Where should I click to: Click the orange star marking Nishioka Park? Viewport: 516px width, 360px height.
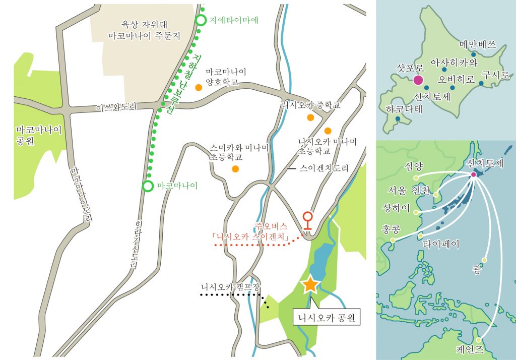[x=309, y=285]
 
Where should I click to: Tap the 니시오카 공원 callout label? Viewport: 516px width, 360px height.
[x=327, y=318]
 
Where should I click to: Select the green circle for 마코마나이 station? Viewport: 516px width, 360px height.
[x=148, y=186]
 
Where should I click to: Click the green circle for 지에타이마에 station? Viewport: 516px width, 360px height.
[x=201, y=21]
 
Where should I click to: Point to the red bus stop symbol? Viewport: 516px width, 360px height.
[x=307, y=220]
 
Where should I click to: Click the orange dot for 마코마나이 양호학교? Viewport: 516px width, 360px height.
[x=199, y=87]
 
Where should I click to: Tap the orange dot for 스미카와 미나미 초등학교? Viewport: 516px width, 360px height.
[x=235, y=168]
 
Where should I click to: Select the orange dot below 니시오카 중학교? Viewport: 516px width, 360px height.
[x=310, y=117]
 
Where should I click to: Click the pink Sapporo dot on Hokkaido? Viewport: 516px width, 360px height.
[x=418, y=80]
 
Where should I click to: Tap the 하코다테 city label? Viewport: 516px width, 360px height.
[x=403, y=108]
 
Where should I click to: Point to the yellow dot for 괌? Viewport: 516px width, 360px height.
[x=484, y=260]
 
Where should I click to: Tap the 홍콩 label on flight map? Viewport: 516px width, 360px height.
[x=391, y=229]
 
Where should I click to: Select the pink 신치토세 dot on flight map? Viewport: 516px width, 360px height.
[x=474, y=175]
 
